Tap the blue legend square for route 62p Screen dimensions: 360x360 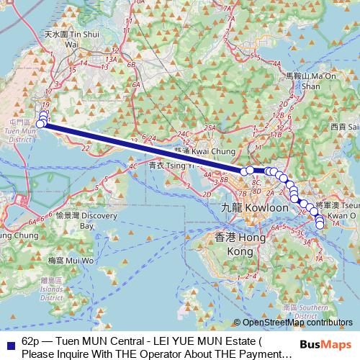point(9,341)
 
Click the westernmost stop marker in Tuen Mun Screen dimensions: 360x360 point(40,125)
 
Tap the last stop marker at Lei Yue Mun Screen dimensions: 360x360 point(320,225)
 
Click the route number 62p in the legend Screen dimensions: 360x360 point(31,341)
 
